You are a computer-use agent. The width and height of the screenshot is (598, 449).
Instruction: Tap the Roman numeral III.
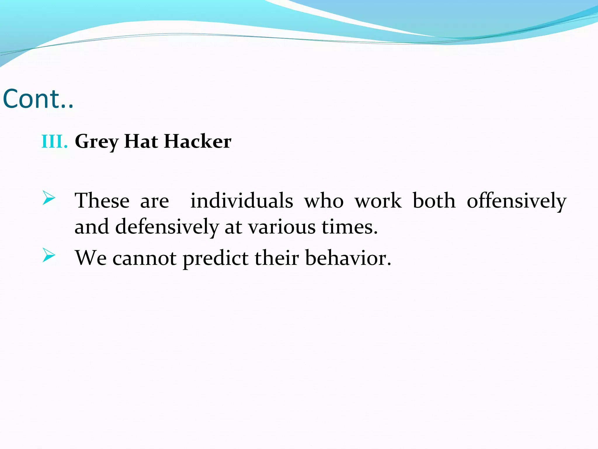(x=55, y=142)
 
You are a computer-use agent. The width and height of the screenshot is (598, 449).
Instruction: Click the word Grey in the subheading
(x=96, y=142)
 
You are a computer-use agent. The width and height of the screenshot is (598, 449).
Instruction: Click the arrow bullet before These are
(x=48, y=198)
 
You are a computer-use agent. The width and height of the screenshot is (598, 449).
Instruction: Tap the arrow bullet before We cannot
(x=48, y=255)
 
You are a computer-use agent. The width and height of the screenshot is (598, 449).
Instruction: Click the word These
(x=102, y=201)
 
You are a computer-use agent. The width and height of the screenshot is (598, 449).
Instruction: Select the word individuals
(x=241, y=201)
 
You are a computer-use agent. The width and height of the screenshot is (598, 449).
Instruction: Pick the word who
(x=324, y=201)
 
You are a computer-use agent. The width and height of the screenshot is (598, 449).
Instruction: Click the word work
(x=378, y=201)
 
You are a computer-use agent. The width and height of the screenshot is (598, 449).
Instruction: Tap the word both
(x=434, y=201)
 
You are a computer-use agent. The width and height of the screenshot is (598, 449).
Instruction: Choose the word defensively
(x=167, y=227)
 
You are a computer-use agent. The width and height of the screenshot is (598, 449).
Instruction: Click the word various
(x=282, y=227)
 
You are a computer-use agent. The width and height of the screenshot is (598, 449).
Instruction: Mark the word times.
(x=349, y=227)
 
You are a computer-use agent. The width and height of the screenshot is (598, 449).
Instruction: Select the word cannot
(x=144, y=258)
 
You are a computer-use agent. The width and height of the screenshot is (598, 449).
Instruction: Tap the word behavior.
(x=348, y=258)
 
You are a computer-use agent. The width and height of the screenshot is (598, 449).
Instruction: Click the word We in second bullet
(x=91, y=258)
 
